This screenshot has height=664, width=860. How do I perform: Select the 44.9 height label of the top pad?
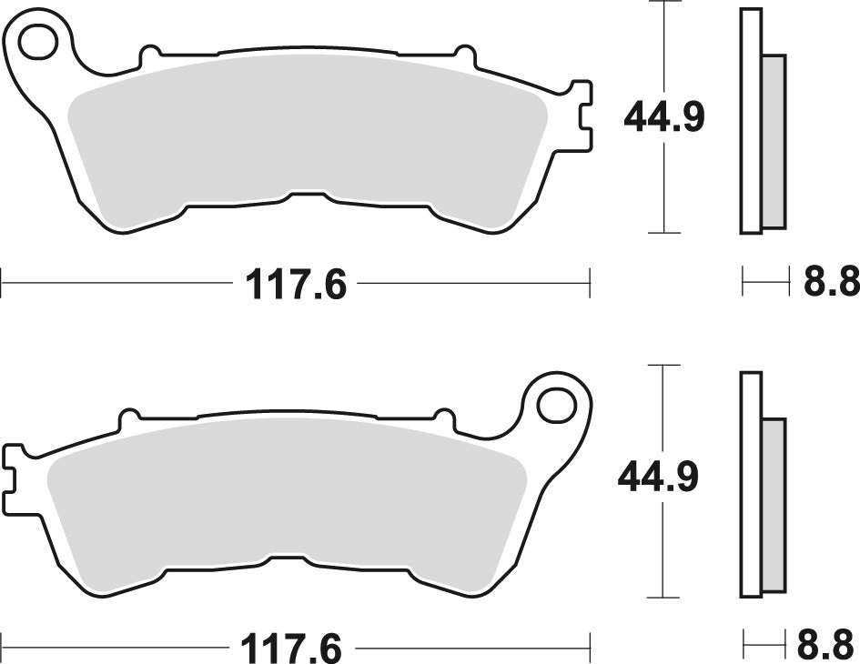pyautogui.click(x=663, y=117)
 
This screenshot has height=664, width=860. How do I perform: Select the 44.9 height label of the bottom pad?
pyautogui.click(x=658, y=478)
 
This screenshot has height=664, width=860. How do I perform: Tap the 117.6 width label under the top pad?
pyautogui.click(x=296, y=286)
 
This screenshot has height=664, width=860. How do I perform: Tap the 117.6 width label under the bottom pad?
pyautogui.click(x=291, y=649)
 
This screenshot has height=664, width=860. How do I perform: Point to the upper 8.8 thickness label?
pyautogui.click(x=830, y=284)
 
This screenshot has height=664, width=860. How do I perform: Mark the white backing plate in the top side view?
pyautogui.click(x=750, y=120)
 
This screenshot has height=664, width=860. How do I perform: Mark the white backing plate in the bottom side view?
pyautogui.click(x=750, y=484)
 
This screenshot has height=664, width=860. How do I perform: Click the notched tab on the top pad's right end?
pyautogui.click(x=580, y=116)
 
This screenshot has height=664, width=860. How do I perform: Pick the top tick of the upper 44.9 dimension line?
pyautogui.click(x=665, y=3)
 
